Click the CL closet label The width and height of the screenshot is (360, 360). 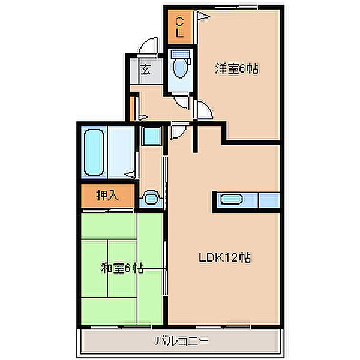point(179,28)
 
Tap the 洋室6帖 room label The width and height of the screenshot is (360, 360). point(236,68)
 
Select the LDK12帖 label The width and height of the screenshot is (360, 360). point(225,257)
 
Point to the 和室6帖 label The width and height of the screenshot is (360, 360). point(122,268)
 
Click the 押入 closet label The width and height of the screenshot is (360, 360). point(107,196)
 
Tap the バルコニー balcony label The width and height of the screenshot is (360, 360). point(181,340)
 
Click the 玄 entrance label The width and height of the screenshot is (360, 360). point(146,70)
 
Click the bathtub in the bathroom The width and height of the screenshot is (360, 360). point(94,152)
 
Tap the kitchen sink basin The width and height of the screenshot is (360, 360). point(232,199)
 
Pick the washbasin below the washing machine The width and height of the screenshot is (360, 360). point(151,197)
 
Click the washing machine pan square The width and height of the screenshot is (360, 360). point(152,136)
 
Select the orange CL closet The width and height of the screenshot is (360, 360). point(180,27)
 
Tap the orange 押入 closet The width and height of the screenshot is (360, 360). point(107,196)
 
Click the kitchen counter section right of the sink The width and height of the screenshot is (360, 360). point(269,200)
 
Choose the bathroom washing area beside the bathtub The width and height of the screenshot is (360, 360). point(121,152)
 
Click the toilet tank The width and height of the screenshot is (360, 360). point(181,54)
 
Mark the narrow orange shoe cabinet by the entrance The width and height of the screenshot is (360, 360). point(132,109)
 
